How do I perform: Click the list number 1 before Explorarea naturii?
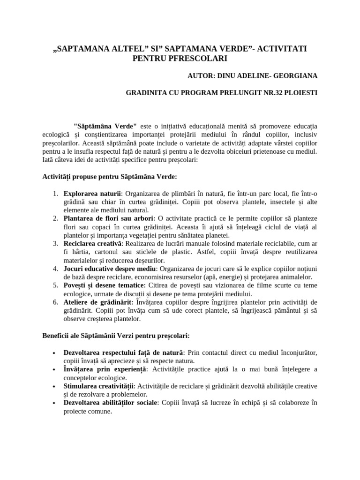click(x=54, y=193)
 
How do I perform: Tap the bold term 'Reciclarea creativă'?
click(x=93, y=243)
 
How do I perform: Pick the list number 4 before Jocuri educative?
click(x=54, y=269)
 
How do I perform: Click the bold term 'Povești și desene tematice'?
click(x=103, y=285)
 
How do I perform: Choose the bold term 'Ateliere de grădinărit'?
click(x=97, y=302)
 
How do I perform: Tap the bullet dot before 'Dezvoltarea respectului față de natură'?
click(x=55, y=352)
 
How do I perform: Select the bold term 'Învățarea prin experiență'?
click(x=105, y=369)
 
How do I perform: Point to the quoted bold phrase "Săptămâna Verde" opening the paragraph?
click(x=105, y=126)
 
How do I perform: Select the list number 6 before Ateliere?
click(x=54, y=302)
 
